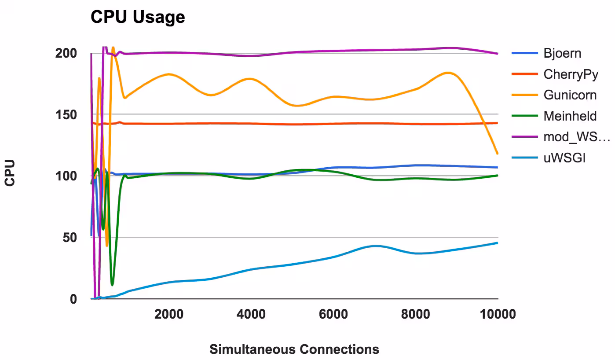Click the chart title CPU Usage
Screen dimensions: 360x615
[x=138, y=17]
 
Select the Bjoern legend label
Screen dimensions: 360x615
[x=562, y=53]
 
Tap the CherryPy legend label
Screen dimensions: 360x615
[x=571, y=74]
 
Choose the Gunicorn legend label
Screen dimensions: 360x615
[x=570, y=95]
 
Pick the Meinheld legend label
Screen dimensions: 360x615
[x=570, y=116]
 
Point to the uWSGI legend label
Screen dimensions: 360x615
[x=564, y=158]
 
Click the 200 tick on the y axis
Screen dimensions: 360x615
[x=66, y=53]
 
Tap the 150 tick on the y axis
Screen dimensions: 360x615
[x=66, y=115]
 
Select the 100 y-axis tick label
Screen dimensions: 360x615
[x=66, y=176]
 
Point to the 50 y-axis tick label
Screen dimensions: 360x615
[x=70, y=238]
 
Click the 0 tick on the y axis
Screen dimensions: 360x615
[x=73, y=299]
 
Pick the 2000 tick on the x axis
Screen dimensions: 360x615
[x=169, y=315]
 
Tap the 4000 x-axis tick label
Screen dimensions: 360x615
[x=251, y=315]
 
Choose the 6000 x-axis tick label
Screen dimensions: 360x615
[x=333, y=315]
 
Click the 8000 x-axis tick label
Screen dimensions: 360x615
[x=415, y=315]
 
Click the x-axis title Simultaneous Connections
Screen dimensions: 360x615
[x=294, y=349]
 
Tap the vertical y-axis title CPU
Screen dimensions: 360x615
[x=10, y=173]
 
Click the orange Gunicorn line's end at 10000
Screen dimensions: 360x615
[x=498, y=154]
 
